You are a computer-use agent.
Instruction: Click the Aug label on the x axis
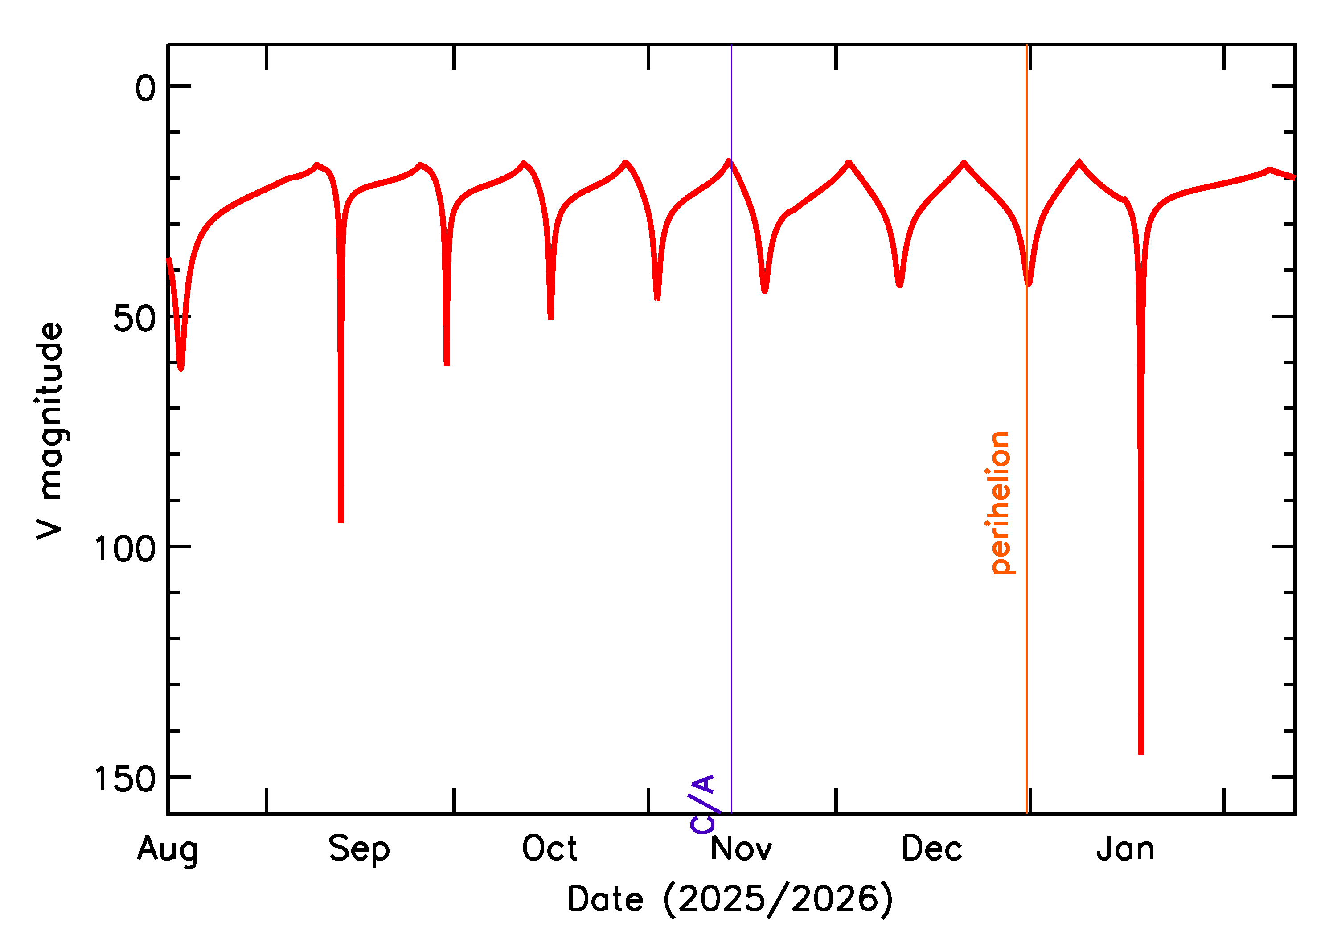coord(168,849)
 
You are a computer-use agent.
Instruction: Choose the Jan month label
coord(1125,849)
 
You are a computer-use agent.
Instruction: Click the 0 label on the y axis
coord(146,89)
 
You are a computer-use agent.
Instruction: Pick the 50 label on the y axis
coord(134,318)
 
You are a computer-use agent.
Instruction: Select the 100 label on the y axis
coord(125,549)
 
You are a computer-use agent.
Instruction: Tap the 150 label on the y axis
coord(125,779)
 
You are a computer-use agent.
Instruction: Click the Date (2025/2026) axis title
coord(730,899)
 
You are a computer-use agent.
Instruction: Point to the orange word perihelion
coord(1001,503)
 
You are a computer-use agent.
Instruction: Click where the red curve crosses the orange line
coord(1027,280)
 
